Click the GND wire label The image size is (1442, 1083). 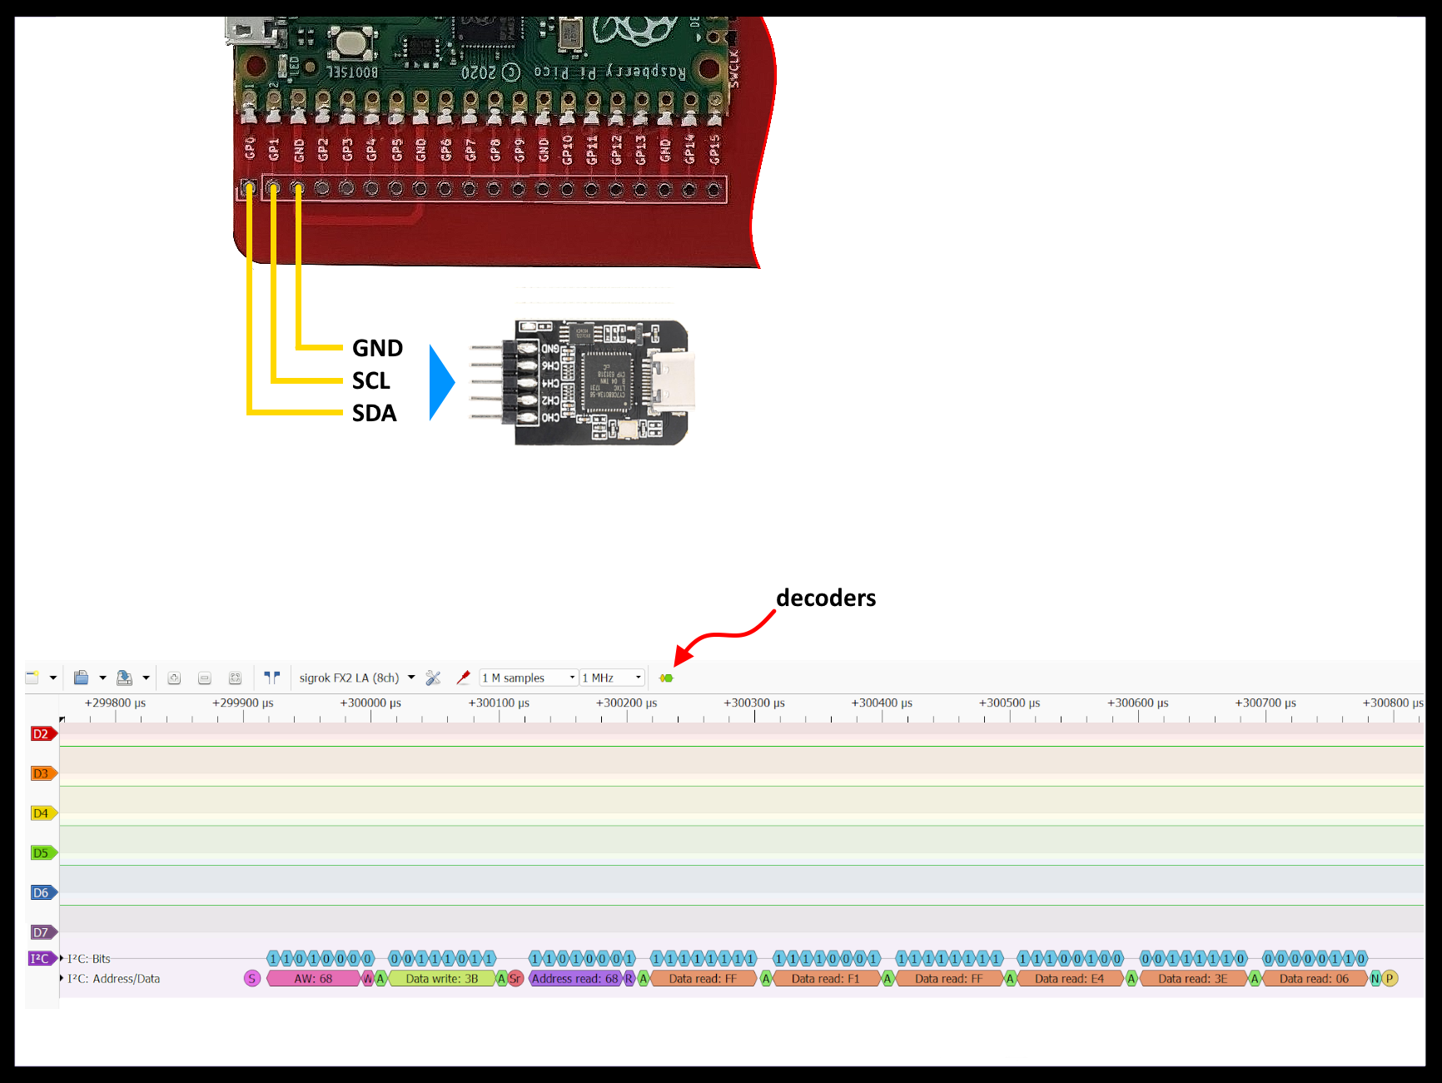[x=377, y=348]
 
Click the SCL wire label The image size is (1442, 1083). [x=370, y=380]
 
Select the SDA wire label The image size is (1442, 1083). [x=374, y=413]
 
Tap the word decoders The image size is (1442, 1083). [x=825, y=598]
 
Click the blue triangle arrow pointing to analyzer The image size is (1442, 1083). [x=441, y=382]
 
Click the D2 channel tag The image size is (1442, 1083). [x=42, y=734]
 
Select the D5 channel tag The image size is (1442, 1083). [x=42, y=853]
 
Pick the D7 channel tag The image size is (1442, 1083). [x=42, y=932]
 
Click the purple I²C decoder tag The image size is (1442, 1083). [x=41, y=958]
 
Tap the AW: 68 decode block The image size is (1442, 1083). [x=313, y=979]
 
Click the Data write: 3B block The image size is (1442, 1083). [x=441, y=979]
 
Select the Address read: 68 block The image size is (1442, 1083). [x=574, y=979]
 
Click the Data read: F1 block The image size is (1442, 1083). [x=825, y=979]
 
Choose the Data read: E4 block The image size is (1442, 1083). [x=1069, y=979]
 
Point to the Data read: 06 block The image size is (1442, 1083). [x=1314, y=979]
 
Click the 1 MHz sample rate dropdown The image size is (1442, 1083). [x=612, y=678]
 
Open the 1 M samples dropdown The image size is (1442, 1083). [x=528, y=678]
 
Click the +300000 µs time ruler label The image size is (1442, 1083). [x=370, y=703]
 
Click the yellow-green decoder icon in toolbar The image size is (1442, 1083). [x=666, y=678]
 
